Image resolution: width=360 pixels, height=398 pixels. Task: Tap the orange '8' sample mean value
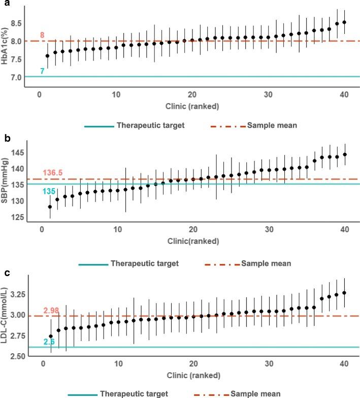point(43,35)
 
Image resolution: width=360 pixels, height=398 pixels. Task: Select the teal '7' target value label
point(42,71)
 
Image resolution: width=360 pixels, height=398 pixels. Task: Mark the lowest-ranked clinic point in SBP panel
point(50,207)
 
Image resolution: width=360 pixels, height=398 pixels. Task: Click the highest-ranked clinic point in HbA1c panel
point(345,22)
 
